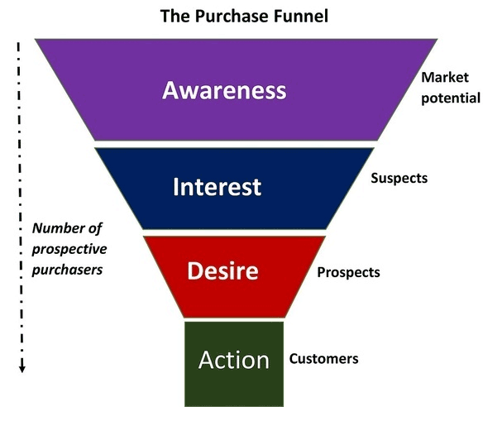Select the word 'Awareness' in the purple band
pos(224,89)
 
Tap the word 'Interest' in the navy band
pos(217,186)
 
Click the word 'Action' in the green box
pos(233,360)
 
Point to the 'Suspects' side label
pos(399,178)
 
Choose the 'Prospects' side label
pos(348,271)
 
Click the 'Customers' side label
pos(323,359)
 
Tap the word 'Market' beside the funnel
pos(445,78)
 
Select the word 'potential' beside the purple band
pos(451,98)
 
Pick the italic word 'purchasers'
pos(66,269)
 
